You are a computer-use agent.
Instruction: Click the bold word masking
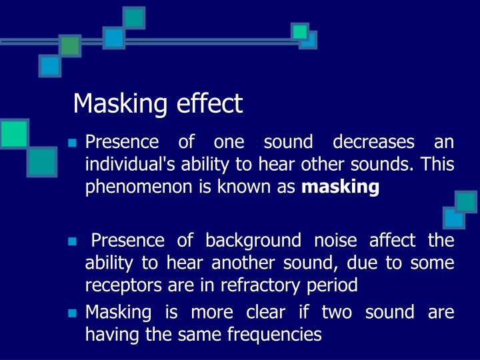coord(341,187)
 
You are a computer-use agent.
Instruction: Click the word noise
coord(331,240)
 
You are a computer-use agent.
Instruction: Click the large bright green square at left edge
coord(14,133)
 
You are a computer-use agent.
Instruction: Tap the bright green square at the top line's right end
coord(300,31)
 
